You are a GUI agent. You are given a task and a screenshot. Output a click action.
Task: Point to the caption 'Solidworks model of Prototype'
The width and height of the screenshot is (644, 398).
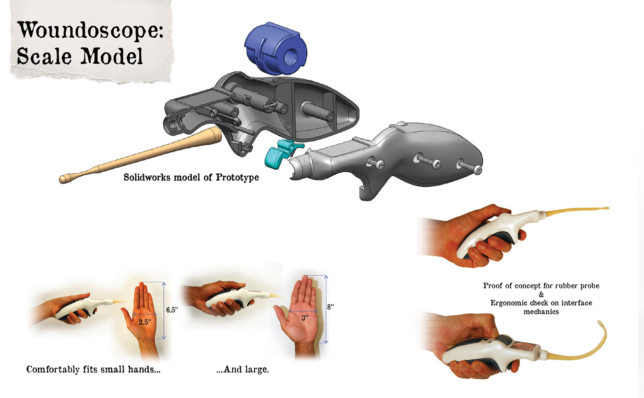[x=191, y=177]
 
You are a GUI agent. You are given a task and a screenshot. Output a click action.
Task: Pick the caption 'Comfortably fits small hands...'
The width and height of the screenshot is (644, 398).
[x=93, y=369]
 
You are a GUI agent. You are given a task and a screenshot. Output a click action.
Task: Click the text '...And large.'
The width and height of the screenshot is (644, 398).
[x=242, y=369]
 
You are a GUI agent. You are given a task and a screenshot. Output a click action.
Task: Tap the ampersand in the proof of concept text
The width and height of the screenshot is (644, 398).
[x=541, y=294]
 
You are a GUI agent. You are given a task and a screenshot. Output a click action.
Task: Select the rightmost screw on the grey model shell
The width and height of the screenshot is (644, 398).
[x=469, y=166]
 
